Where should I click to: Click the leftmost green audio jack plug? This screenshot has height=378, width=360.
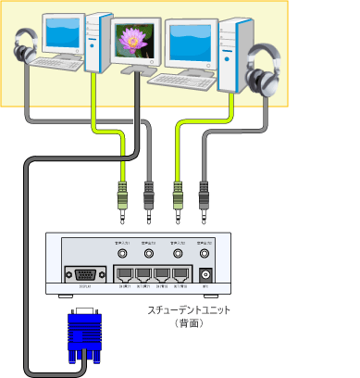pos(119,198)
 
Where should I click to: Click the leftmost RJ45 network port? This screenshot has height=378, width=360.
pos(126,273)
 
